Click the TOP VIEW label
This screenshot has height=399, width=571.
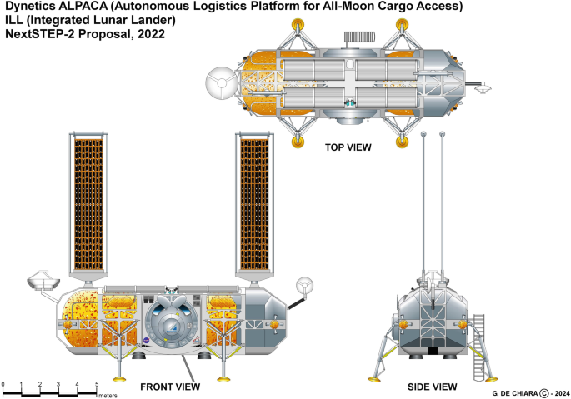(x=348, y=147)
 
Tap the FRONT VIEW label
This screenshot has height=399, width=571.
(x=169, y=386)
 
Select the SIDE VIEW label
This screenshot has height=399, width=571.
(x=432, y=386)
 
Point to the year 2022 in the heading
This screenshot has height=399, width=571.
(x=148, y=36)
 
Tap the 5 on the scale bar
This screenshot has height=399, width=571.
(x=97, y=384)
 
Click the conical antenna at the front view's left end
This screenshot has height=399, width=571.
(x=40, y=277)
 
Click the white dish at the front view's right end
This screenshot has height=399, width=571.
(x=305, y=286)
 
